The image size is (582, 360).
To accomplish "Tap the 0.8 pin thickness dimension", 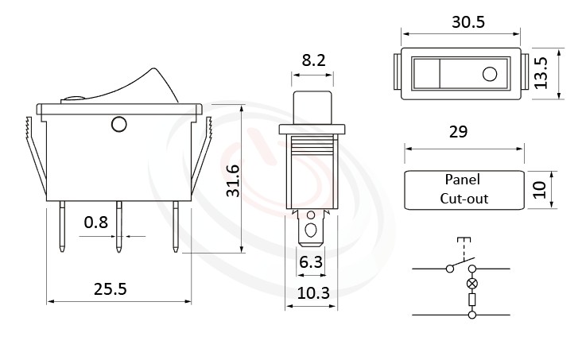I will point(96,223).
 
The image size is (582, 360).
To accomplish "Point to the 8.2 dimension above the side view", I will point(312,59).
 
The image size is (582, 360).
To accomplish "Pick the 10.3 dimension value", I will point(313,293).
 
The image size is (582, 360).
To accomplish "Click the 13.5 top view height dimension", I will point(541,72).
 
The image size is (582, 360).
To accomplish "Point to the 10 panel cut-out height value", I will point(541,190).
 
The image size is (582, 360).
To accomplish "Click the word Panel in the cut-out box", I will point(462,180).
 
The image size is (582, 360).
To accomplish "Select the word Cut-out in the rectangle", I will point(464,199).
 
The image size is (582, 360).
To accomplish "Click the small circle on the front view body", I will point(119,124).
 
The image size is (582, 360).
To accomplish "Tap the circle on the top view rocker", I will point(489,75).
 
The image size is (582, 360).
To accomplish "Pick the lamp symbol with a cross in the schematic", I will point(473,284).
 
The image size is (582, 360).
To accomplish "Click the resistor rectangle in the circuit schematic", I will point(473,300).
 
